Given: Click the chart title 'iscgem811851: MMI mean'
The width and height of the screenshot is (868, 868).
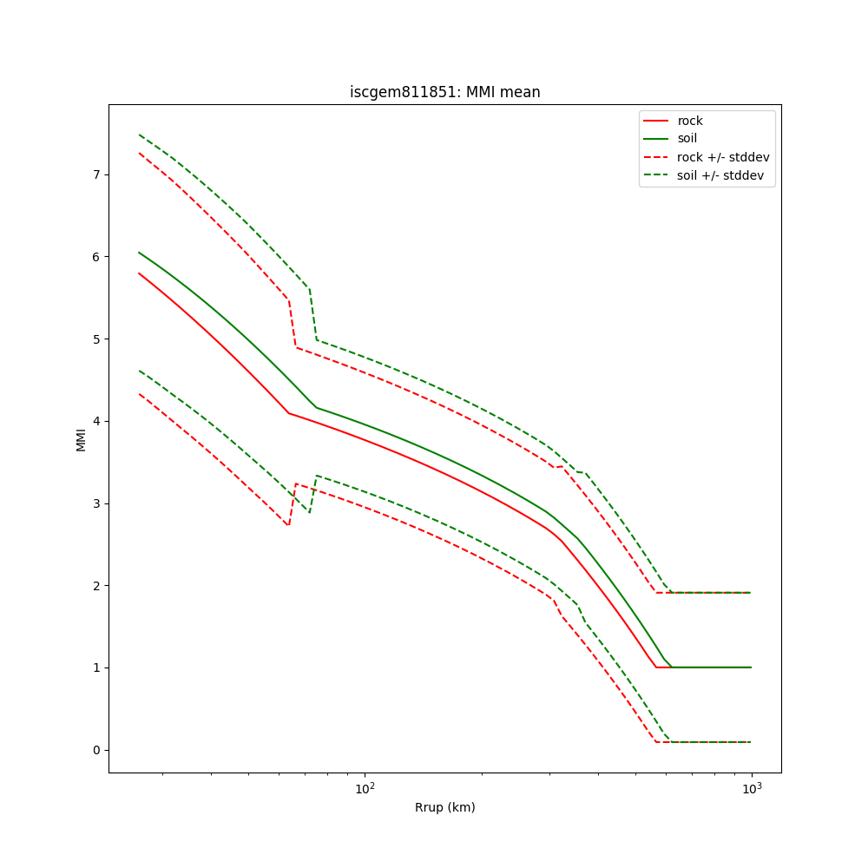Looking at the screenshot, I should (444, 92).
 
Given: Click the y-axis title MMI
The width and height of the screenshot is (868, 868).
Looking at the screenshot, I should (81, 439).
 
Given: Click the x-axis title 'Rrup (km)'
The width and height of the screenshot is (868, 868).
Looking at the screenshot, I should (444, 807).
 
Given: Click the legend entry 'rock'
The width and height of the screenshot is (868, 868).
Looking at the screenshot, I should (690, 121).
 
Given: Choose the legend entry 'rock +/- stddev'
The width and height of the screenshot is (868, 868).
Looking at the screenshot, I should (723, 157).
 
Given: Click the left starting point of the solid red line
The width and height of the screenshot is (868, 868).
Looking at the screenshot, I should (139, 273).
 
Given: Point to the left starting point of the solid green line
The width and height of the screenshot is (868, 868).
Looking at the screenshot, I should (139, 253).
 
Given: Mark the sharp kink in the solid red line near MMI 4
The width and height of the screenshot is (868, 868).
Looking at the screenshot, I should (289, 413).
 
